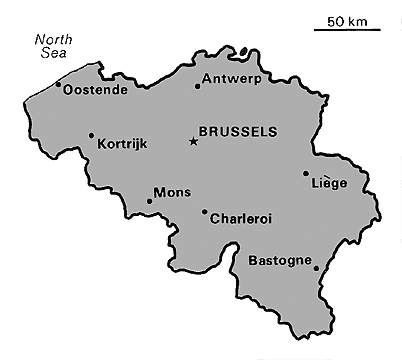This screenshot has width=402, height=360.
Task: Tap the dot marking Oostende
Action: [x=59, y=84]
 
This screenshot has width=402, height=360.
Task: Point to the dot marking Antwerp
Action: [x=198, y=86]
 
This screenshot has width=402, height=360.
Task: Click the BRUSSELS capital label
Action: [x=238, y=131]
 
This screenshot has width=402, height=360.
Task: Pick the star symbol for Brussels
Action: [x=193, y=141]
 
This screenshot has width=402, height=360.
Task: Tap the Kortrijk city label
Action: [x=123, y=144]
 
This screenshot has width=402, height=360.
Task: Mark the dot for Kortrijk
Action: [x=91, y=136]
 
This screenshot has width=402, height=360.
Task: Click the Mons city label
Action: [x=171, y=192]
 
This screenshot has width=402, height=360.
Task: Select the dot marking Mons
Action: [x=150, y=201]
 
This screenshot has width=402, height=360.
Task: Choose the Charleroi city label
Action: [x=242, y=218]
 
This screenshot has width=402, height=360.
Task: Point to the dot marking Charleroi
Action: [x=205, y=211]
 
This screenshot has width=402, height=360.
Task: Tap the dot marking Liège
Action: [x=306, y=173]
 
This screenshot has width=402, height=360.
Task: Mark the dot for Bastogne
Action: [x=316, y=267]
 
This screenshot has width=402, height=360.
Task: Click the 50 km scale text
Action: [x=345, y=21]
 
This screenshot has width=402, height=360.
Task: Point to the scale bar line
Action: [x=346, y=30]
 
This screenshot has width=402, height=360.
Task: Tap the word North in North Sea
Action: [x=53, y=41]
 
